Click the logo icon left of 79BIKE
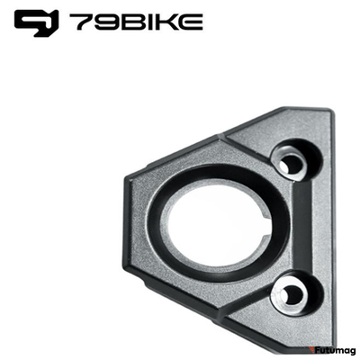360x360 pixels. point(35,22)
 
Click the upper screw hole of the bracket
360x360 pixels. point(291,164)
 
